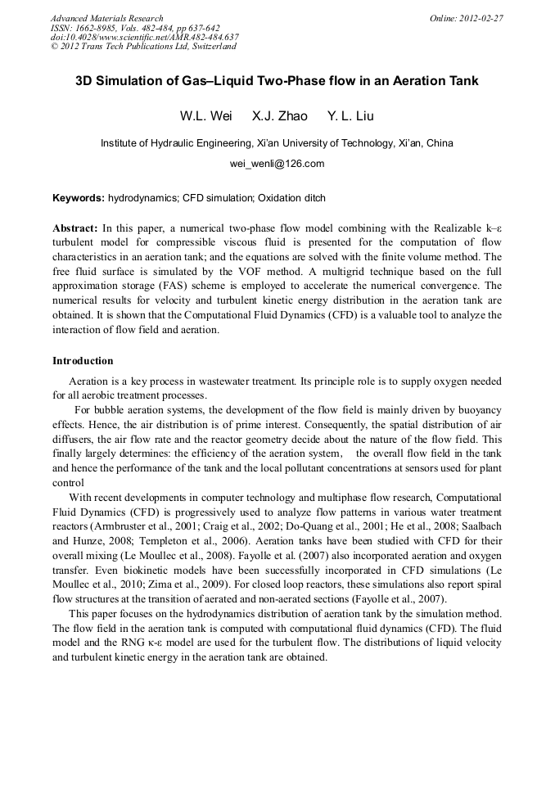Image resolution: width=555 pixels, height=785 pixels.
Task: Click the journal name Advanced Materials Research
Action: [x=106, y=18]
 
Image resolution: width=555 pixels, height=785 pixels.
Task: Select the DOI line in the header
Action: [x=145, y=37]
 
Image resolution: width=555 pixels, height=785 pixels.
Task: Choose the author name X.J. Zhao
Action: [x=279, y=115]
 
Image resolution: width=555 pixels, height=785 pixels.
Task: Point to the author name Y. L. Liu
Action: [x=350, y=115]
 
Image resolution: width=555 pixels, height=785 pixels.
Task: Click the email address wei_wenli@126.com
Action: [x=277, y=163]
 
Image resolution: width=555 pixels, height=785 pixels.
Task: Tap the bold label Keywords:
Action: [x=79, y=198]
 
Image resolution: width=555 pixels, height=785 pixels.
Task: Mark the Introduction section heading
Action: [x=83, y=360]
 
